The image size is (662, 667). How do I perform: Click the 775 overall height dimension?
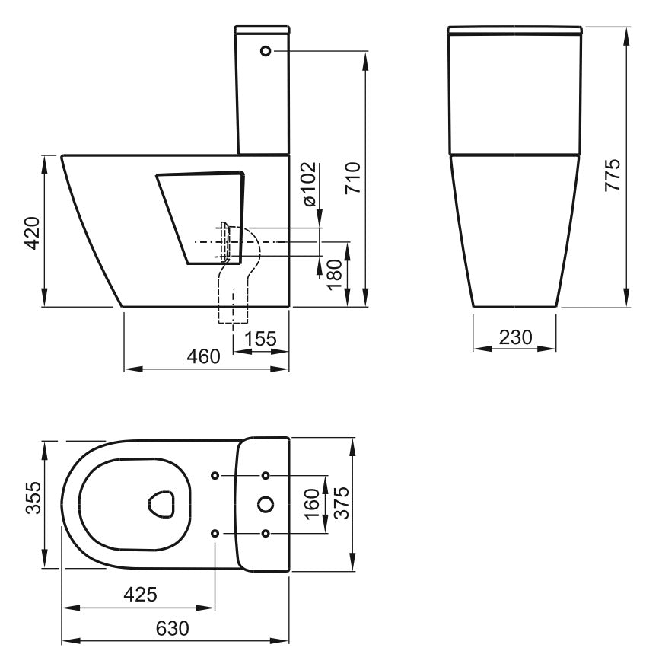613,175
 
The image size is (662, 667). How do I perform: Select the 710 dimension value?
353,178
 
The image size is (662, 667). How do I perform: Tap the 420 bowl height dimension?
32,233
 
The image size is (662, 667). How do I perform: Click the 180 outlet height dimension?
335,274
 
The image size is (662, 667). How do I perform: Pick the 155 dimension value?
260,339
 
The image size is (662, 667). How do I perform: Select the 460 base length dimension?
204,356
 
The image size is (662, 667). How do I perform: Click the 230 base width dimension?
515,337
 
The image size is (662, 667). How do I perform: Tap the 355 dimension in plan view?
33,498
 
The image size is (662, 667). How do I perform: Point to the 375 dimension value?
342,503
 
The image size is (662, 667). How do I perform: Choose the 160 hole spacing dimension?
312,503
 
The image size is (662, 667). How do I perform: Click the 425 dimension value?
140,594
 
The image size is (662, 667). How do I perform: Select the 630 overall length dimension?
172,628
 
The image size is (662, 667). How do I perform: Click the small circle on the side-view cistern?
266,51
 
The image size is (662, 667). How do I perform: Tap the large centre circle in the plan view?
266,505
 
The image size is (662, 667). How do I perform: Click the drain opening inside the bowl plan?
161,505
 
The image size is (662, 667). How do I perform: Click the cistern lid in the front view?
515,30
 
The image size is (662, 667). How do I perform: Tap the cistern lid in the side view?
263,30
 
